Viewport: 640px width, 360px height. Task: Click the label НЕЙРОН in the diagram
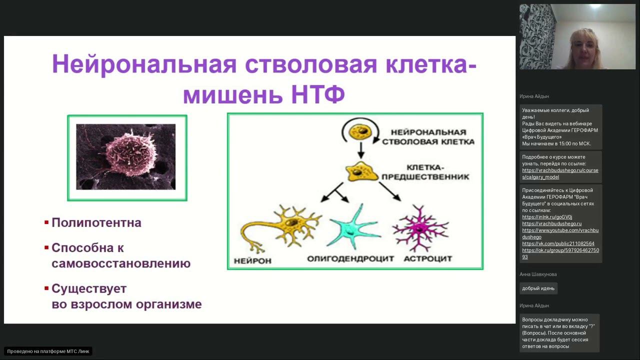[252, 260]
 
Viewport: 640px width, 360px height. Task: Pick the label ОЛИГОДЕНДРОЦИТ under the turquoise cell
[350, 258]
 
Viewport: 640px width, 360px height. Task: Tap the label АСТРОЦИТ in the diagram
[427, 258]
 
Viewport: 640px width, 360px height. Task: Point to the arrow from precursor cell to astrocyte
[390, 191]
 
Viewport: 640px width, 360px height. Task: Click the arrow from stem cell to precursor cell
[360, 150]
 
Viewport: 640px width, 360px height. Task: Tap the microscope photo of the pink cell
[126, 157]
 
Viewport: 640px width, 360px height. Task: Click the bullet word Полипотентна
[96, 222]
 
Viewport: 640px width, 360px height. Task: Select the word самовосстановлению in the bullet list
[121, 263]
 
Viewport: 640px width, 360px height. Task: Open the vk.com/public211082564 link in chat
[558, 243]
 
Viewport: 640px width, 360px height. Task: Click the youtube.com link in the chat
[560, 230]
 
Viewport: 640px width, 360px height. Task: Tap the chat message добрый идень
[538, 288]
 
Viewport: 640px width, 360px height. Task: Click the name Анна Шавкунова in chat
[538, 274]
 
